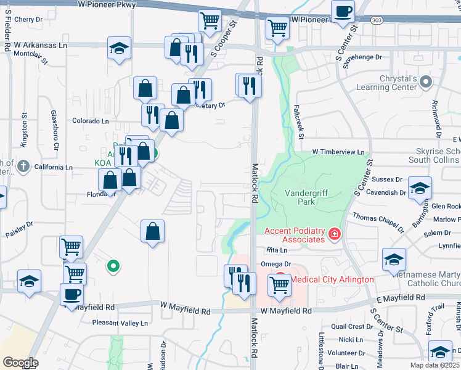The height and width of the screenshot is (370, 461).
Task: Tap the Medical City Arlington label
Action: tap(332, 279)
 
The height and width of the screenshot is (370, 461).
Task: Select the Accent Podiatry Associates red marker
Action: tap(334, 234)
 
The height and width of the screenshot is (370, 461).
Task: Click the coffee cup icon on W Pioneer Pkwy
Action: tap(343, 10)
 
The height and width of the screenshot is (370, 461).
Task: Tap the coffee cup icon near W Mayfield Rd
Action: tap(71, 294)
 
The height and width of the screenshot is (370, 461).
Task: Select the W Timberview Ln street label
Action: tap(338, 152)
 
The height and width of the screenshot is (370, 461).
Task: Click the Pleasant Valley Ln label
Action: tap(120, 323)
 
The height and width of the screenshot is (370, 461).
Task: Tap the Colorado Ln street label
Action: tap(91, 121)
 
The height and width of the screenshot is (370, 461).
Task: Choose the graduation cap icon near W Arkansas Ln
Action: tap(120, 48)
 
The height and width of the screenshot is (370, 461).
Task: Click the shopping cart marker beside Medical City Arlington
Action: tap(280, 285)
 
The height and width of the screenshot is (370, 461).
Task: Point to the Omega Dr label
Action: tap(275, 264)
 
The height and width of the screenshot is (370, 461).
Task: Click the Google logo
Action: tap(20, 362)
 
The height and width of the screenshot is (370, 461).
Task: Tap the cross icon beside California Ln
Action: tap(23, 166)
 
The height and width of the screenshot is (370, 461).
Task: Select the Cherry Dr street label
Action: tap(29, 20)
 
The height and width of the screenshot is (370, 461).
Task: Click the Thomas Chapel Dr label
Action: tap(377, 216)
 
